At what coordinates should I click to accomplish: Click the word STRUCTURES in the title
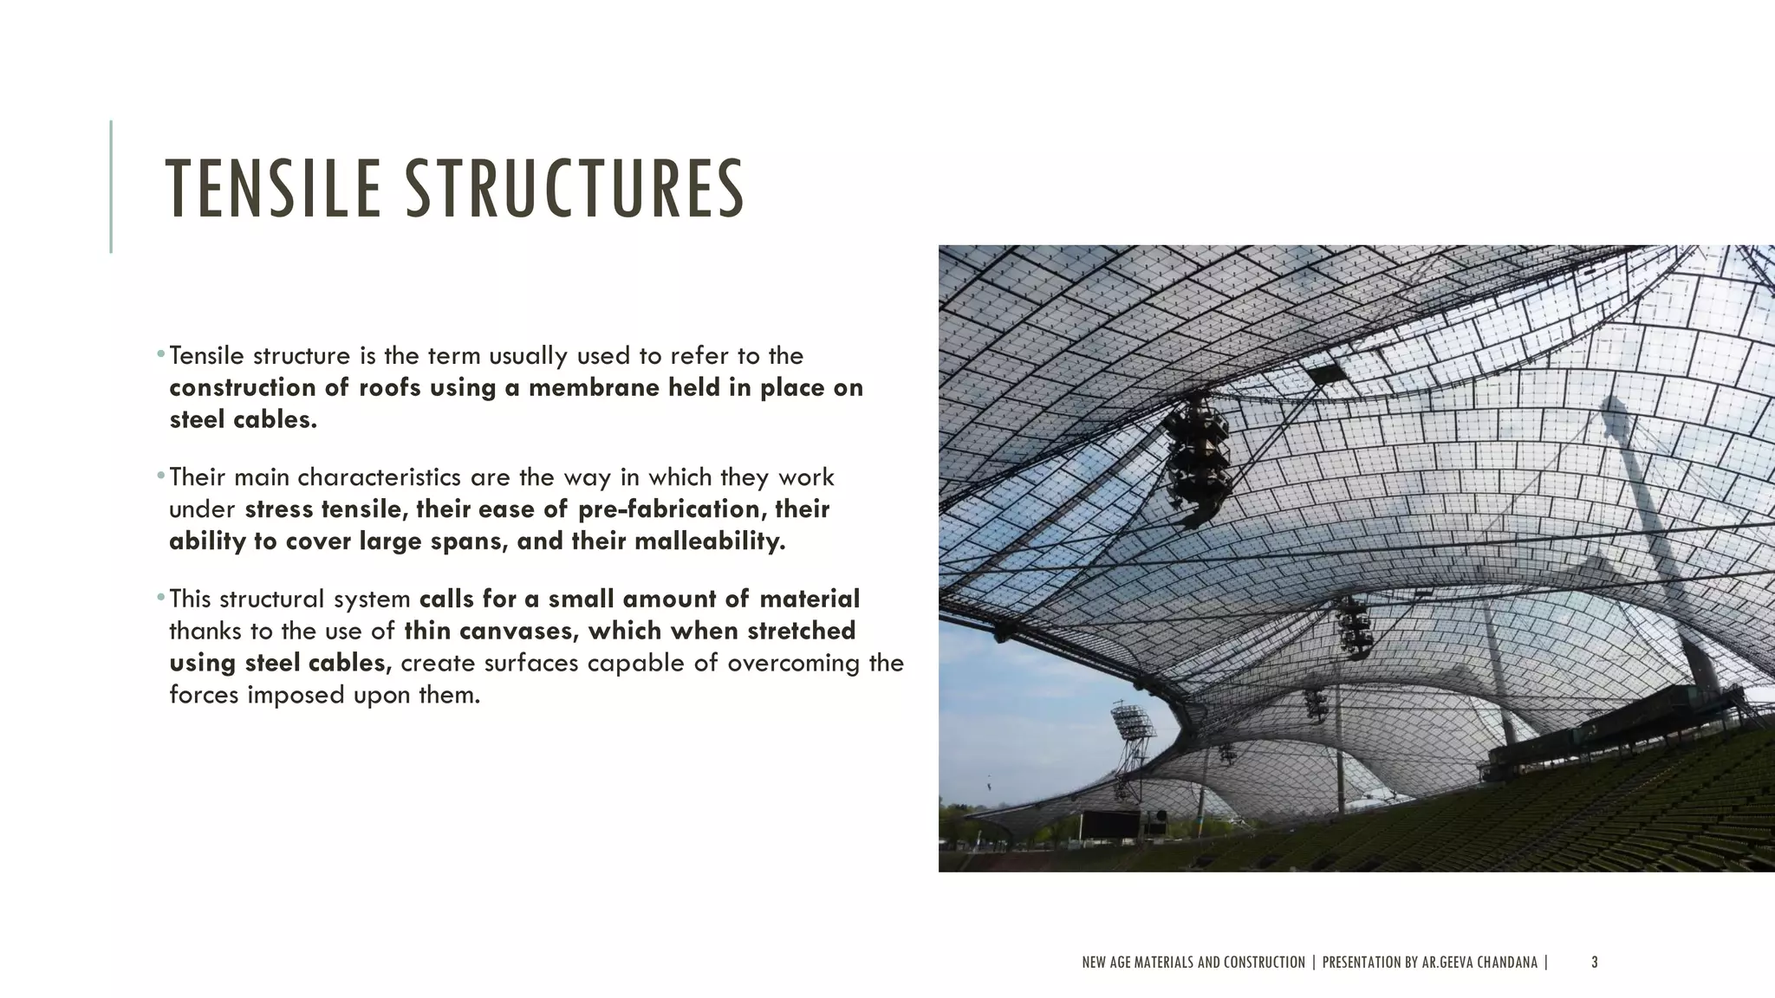[x=575, y=188]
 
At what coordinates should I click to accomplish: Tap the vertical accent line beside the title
[x=111, y=186]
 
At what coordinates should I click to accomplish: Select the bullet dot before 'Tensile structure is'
[x=161, y=354]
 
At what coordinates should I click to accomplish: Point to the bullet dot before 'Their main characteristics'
[x=161, y=476]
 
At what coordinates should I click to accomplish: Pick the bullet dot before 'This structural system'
[x=161, y=597]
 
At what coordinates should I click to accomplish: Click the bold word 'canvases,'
[x=519, y=631]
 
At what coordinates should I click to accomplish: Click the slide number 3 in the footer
[x=1595, y=962]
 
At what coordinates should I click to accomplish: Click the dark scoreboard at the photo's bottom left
[x=1110, y=824]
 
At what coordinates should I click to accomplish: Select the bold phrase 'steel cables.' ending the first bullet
[x=243, y=420]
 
